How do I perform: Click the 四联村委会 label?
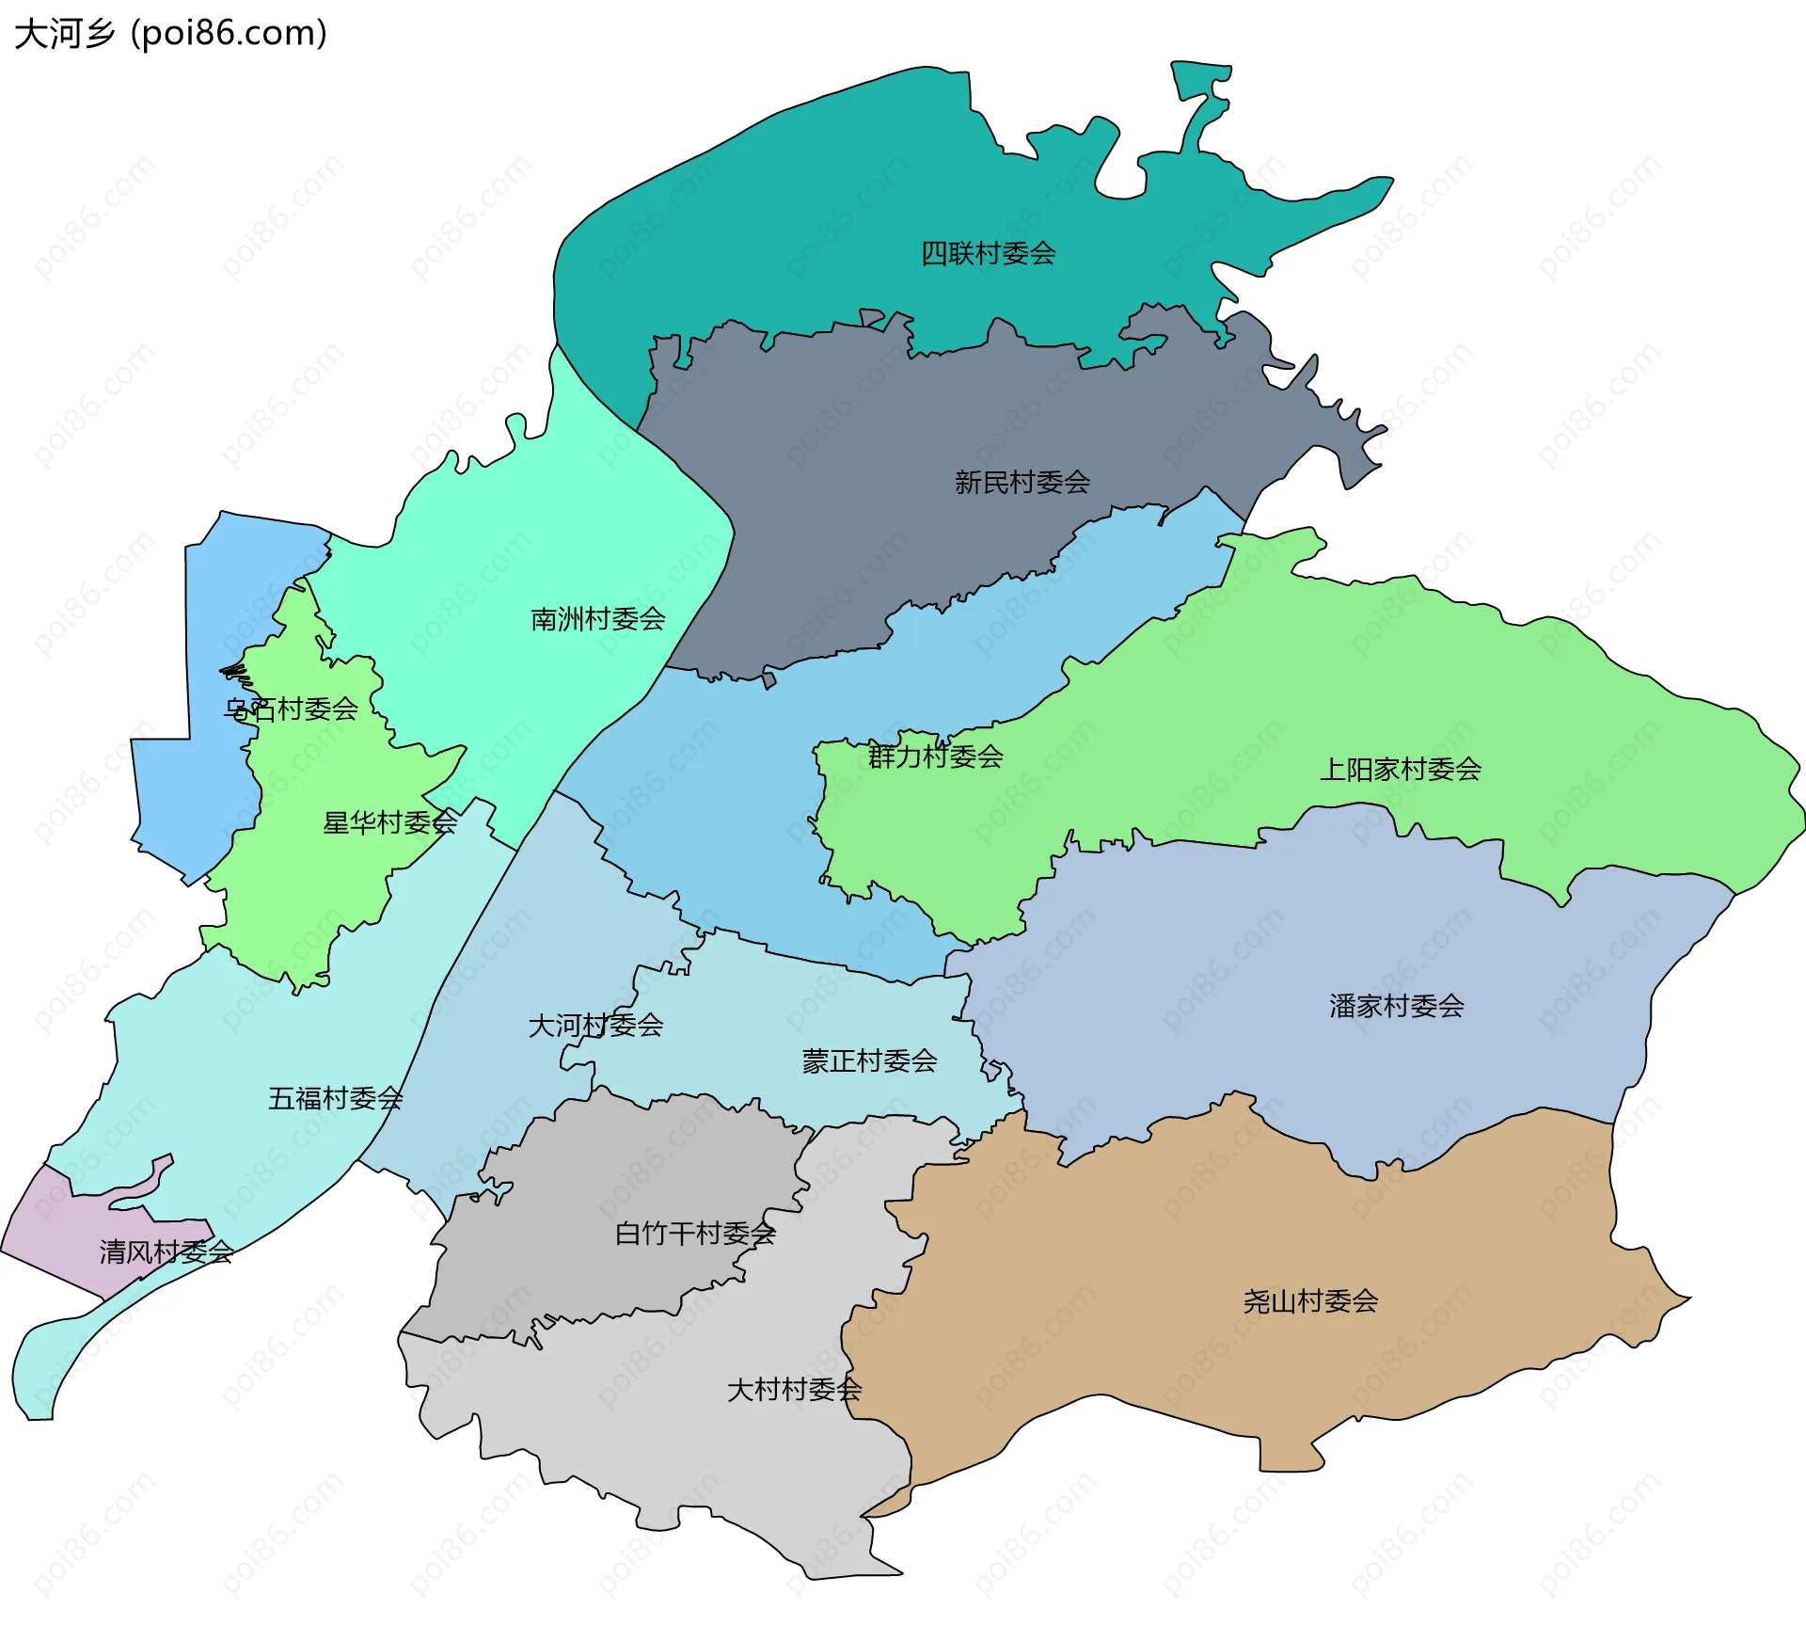click(x=988, y=253)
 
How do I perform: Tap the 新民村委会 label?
click(x=1022, y=483)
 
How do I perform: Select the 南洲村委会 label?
click(x=597, y=619)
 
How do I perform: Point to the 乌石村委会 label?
click(x=291, y=709)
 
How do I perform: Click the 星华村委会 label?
click(x=389, y=823)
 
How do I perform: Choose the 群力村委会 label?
click(x=935, y=757)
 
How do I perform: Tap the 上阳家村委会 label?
click(x=1400, y=770)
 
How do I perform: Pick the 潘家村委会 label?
click(x=1396, y=1006)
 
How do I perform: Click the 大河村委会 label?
click(x=595, y=1026)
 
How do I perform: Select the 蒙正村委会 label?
click(x=869, y=1061)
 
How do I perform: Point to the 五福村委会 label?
click(x=335, y=1098)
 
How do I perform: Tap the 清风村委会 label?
click(x=166, y=1252)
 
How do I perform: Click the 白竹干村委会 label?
click(x=695, y=1234)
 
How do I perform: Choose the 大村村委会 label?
click(x=794, y=1390)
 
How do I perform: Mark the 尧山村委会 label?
click(x=1310, y=1301)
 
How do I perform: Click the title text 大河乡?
click(x=65, y=34)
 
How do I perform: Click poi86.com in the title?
click(x=229, y=34)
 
